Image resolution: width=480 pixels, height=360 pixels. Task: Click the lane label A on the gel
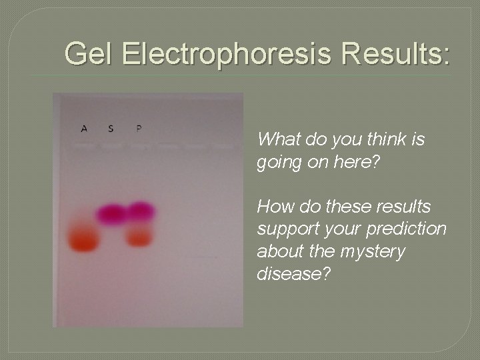coord(84,128)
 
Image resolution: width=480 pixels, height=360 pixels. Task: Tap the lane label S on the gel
coord(111,128)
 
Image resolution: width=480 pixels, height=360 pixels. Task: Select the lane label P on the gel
coord(138,127)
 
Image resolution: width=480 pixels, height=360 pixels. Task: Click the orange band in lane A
coord(83,240)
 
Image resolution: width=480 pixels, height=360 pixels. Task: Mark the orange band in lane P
coord(139,236)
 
